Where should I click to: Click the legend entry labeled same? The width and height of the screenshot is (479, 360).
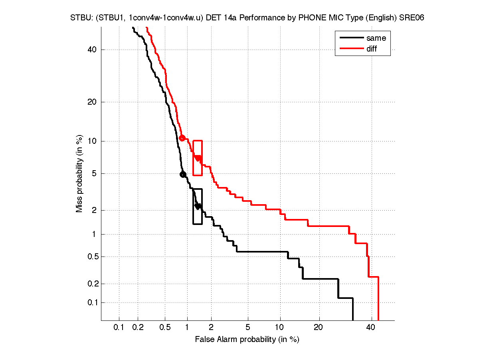pos(376,38)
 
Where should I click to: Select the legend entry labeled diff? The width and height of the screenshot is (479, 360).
pos(372,49)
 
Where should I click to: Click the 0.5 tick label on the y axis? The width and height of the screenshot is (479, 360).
pos(91,257)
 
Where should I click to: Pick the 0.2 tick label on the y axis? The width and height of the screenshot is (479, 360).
pos(91,284)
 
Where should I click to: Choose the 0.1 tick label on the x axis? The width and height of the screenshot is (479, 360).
pos(119,328)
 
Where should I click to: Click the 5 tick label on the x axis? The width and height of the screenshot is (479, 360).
pos(248,328)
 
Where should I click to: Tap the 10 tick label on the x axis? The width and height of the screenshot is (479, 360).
pos(280,328)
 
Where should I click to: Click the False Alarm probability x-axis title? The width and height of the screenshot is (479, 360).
pos(247,340)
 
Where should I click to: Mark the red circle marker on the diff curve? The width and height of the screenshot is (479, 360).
pos(182,138)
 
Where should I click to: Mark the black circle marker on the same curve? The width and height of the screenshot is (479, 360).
pos(183,174)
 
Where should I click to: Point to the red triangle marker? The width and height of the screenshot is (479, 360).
pos(197,158)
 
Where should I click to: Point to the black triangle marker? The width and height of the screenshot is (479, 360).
pos(197,206)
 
